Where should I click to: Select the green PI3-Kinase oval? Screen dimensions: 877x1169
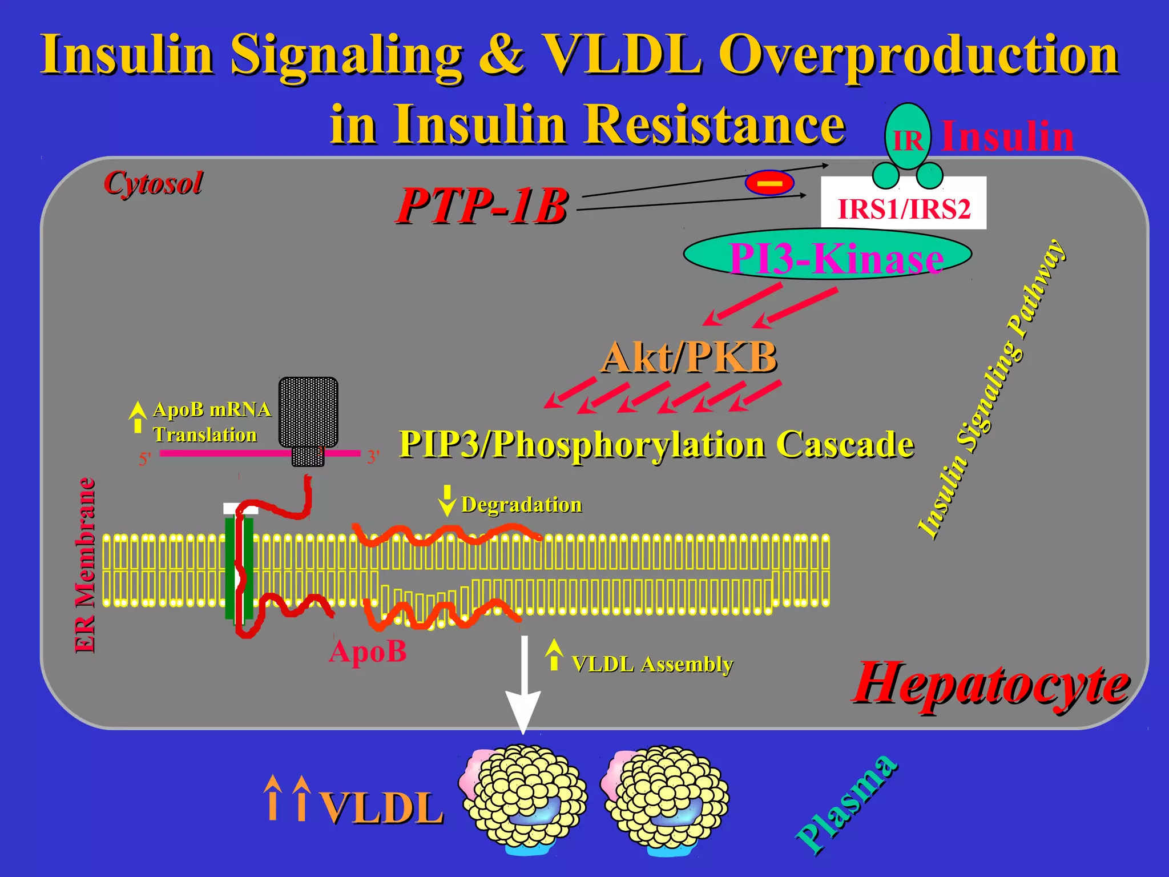[828, 255]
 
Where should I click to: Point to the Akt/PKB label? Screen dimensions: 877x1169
[690, 357]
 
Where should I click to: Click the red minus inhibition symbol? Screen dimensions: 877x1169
[769, 183]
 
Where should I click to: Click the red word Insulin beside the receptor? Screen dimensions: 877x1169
[1007, 136]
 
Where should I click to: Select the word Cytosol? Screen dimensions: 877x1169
[153, 183]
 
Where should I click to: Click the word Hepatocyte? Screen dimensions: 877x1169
[990, 683]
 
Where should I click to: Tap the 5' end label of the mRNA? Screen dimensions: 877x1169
[145, 458]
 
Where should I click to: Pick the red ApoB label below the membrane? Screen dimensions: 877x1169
[368, 651]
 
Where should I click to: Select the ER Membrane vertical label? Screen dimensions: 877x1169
[86, 565]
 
